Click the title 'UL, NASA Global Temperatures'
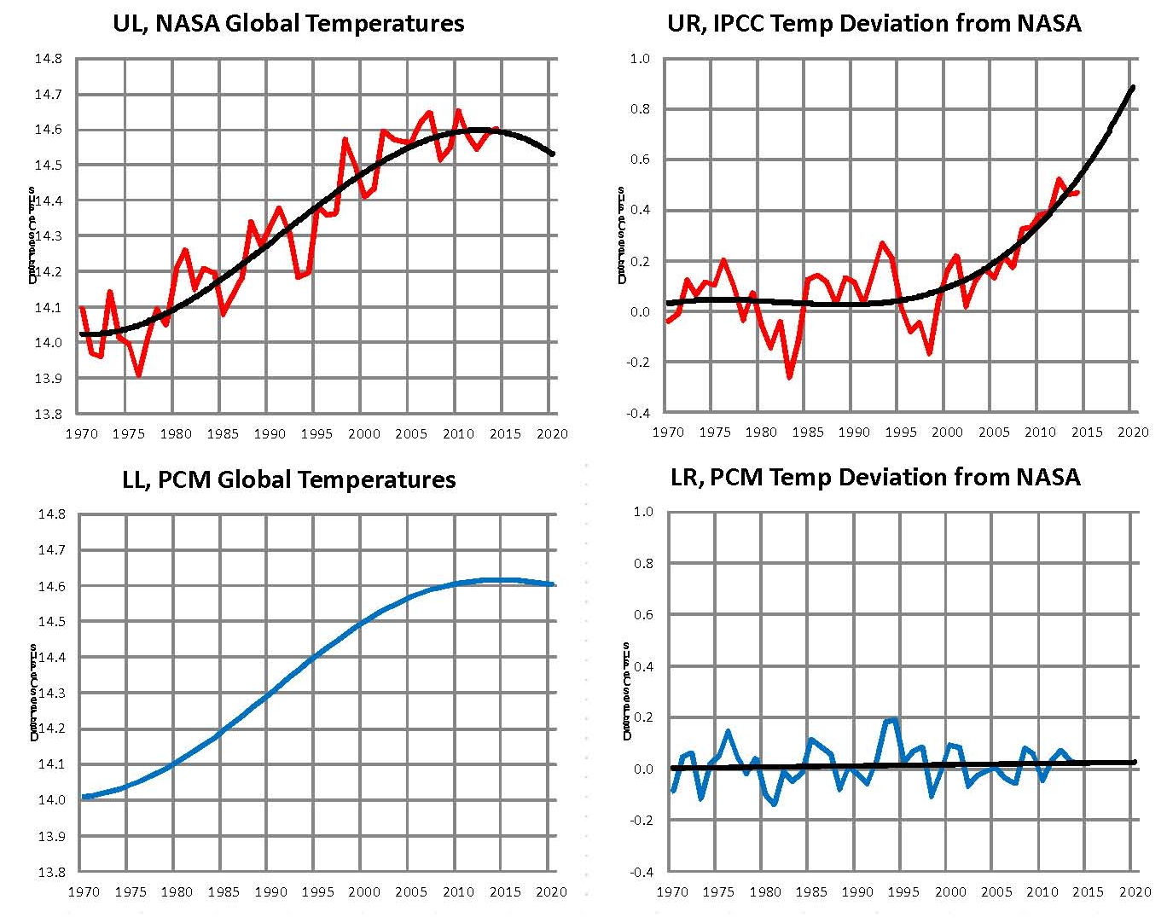coord(288,23)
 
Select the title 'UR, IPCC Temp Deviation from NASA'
coord(874,23)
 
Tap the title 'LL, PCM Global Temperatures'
coord(288,479)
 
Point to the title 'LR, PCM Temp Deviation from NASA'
coord(875,476)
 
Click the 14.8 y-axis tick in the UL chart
coord(48,59)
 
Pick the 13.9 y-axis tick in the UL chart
coord(48,378)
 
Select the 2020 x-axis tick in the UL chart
coord(552,433)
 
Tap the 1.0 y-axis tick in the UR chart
coord(639,59)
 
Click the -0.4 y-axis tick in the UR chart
coord(637,414)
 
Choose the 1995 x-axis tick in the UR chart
coord(900,432)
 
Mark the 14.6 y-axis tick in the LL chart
coord(51,586)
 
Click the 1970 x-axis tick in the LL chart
coord(83,891)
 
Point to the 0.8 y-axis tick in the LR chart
coord(642,563)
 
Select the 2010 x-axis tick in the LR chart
coord(1042,891)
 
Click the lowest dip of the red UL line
coord(138,374)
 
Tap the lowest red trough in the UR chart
coord(790,377)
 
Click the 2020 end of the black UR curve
coord(1133,87)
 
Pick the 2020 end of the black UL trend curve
coord(553,154)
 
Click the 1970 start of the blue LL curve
coord(84,797)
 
